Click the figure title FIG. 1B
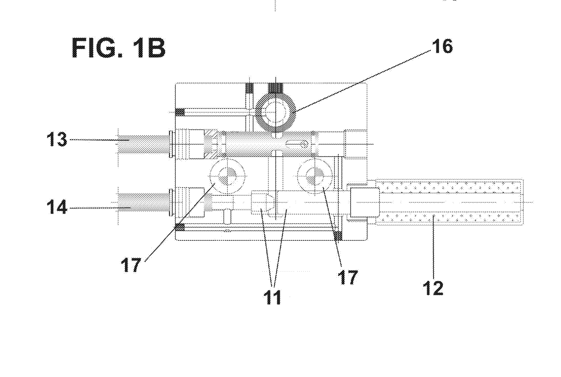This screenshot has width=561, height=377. pyautogui.click(x=118, y=48)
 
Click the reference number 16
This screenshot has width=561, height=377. pyautogui.click(x=443, y=47)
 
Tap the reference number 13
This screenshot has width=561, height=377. pyautogui.click(x=57, y=139)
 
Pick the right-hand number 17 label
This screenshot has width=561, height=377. pyautogui.click(x=347, y=277)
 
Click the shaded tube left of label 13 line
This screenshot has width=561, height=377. pyautogui.click(x=143, y=144)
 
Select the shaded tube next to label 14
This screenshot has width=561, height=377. pyautogui.click(x=143, y=202)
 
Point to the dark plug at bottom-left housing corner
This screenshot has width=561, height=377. pyautogui.click(x=180, y=227)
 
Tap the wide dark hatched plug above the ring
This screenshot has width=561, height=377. pyautogui.click(x=276, y=88)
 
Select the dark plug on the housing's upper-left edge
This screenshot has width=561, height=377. pyautogui.click(x=180, y=112)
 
